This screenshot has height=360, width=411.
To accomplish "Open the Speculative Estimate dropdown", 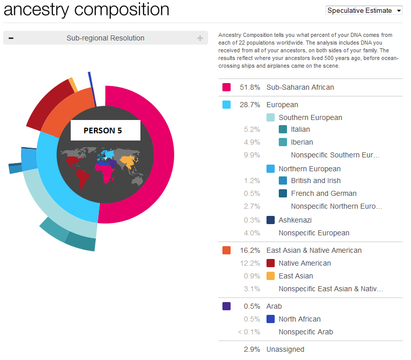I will pyautogui.click(x=364, y=10).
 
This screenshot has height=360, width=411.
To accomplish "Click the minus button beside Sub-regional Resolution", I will pyautogui.click(x=11, y=38).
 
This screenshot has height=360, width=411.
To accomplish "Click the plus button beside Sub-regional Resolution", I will pyautogui.click(x=200, y=38).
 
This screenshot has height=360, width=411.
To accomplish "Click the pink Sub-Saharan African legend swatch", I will pyautogui.click(x=227, y=87).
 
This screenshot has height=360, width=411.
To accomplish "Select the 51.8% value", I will pyautogui.click(x=250, y=87).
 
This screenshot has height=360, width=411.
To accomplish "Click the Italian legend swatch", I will pyautogui.click(x=283, y=130).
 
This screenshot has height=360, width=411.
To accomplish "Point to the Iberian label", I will pyautogui.click(x=302, y=142).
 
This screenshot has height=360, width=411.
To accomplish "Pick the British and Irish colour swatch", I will pyautogui.click(x=283, y=181).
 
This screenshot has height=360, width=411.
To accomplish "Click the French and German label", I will pyautogui.click(x=323, y=193).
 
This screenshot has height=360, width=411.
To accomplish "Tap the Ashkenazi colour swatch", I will pyautogui.click(x=271, y=220).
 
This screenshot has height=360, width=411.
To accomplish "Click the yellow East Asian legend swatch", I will pyautogui.click(x=271, y=276).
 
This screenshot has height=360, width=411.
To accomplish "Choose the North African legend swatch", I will pyautogui.click(x=271, y=319).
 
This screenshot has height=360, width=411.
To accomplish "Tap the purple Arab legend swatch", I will pyautogui.click(x=227, y=306).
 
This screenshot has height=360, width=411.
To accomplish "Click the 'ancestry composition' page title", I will pyautogui.click(x=87, y=9).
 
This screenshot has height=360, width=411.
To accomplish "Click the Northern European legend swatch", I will pyautogui.click(x=271, y=169).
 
